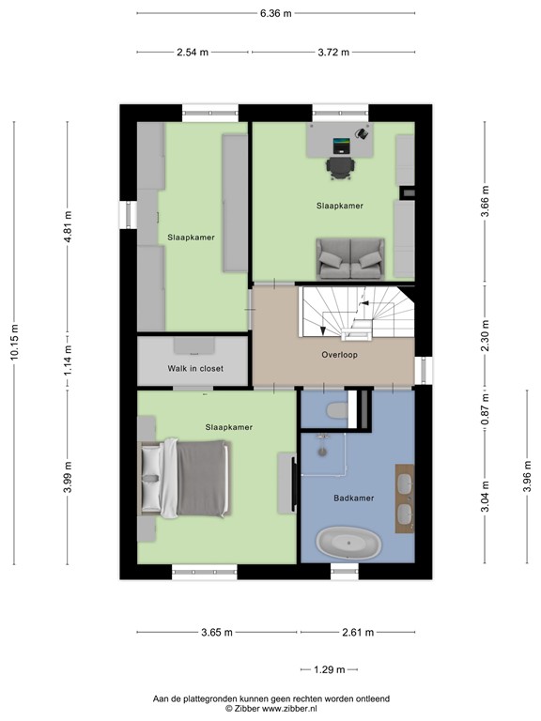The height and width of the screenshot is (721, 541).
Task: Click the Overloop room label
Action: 339,355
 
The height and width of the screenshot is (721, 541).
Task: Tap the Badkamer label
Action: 354,498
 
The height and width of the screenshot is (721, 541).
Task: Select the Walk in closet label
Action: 195,368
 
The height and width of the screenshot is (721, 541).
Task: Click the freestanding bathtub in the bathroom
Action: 349,544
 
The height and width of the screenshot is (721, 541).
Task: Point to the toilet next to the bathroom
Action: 336,409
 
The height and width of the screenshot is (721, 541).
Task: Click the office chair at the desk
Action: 340,167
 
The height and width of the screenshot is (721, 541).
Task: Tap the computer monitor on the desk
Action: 341,146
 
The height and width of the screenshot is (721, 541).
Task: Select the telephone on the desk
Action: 362,133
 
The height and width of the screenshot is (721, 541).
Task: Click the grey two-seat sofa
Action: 350,258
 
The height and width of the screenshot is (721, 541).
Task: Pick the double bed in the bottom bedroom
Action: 185,479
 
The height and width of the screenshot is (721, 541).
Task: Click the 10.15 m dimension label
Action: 14,342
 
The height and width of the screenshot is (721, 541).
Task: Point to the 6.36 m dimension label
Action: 276,13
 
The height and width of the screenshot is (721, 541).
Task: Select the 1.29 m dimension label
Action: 330,669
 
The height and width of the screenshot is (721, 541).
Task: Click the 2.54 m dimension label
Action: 193,53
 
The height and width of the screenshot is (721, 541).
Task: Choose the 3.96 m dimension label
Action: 527,476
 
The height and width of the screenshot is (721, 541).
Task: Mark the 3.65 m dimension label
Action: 217,632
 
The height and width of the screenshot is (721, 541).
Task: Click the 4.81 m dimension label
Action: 68,226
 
